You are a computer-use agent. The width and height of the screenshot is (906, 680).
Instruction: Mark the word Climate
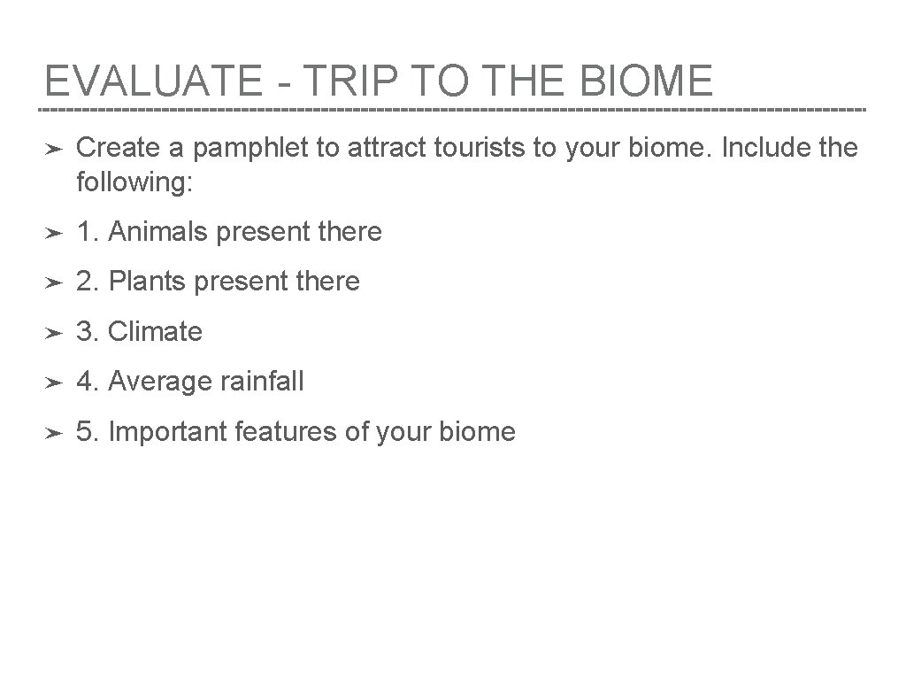(155, 332)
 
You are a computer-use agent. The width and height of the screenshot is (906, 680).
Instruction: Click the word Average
(160, 382)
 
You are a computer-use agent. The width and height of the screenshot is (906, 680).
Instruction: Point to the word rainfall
(262, 382)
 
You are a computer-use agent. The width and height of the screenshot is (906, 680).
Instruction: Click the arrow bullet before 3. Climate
(53, 333)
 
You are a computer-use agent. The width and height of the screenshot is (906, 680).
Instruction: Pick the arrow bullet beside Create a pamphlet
(53, 149)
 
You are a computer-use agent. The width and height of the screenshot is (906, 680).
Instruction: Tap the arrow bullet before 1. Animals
(53, 233)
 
